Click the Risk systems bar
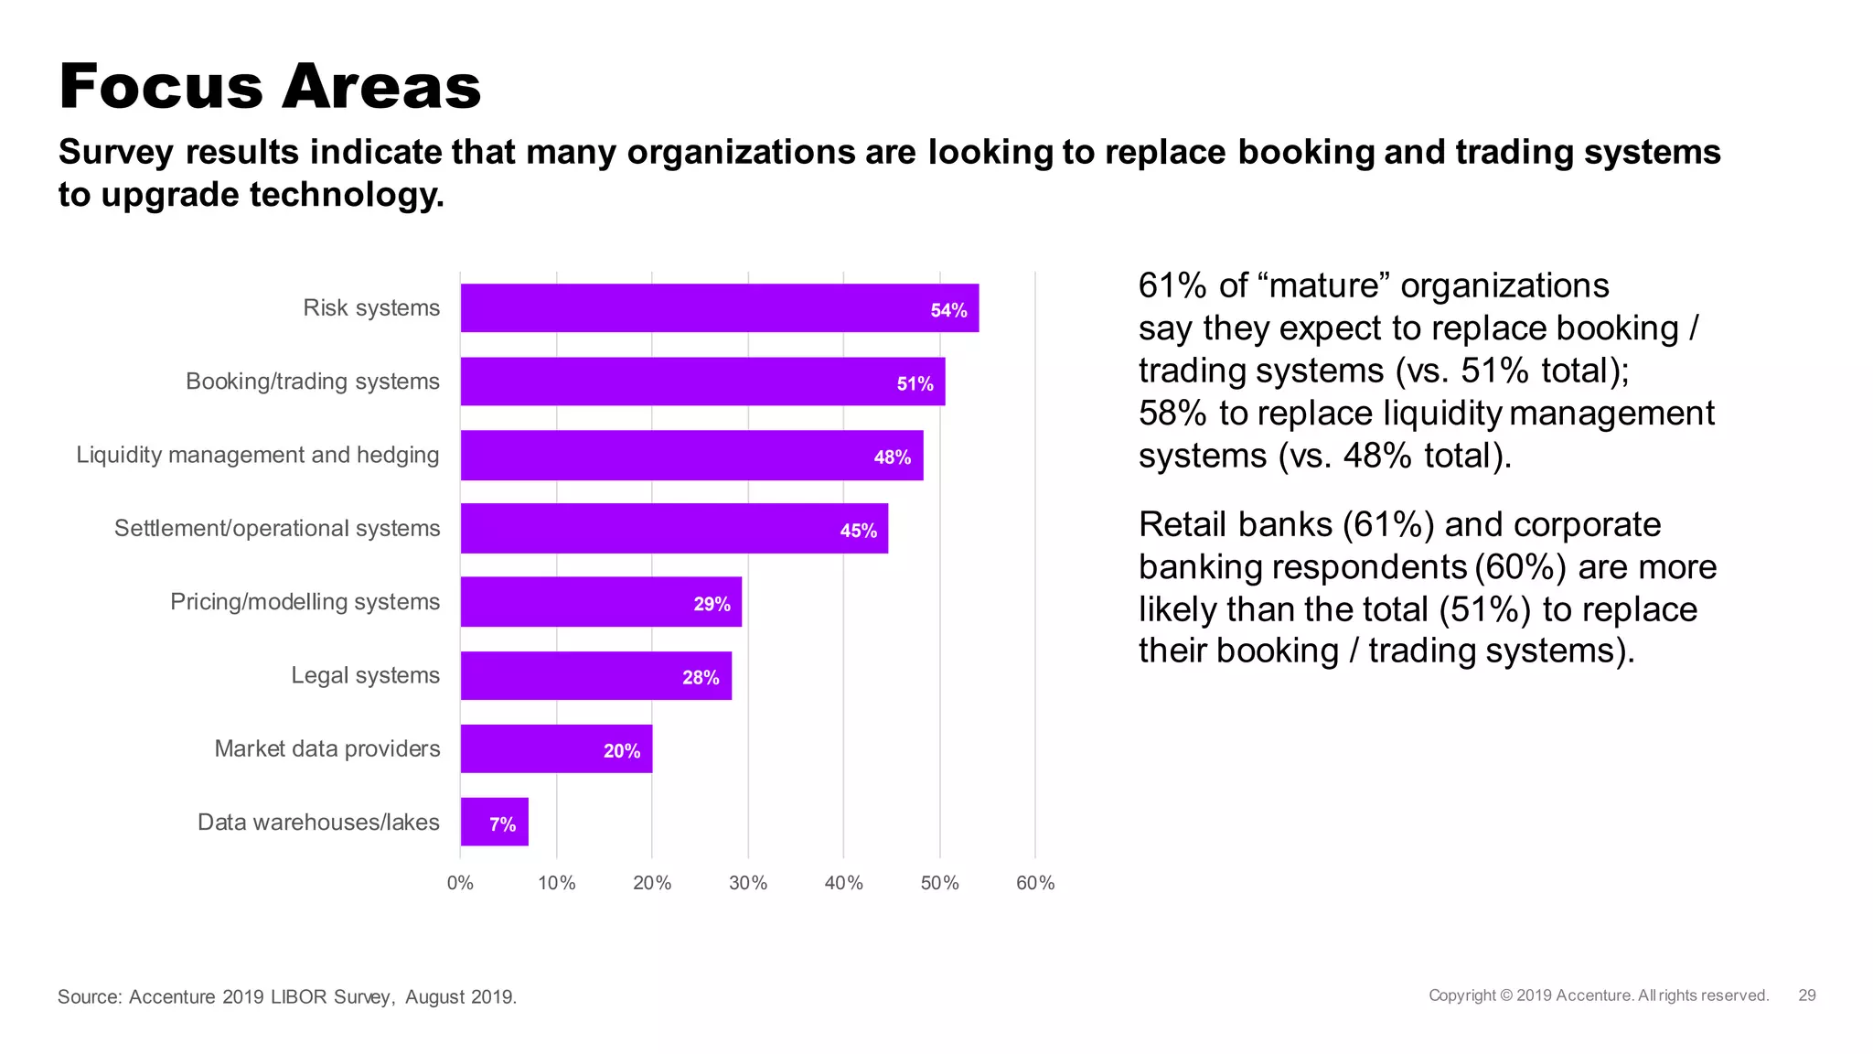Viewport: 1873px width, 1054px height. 719,308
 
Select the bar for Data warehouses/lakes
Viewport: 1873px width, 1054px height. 494,822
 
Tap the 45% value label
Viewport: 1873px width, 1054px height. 858,531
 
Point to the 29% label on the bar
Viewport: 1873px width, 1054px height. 712,604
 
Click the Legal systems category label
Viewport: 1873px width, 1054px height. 365,675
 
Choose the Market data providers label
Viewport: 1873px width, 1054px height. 326,748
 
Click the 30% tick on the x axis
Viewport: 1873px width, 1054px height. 747,883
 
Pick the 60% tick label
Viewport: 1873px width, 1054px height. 1035,883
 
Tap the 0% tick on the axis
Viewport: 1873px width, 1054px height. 460,883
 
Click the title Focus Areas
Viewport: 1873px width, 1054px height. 270,87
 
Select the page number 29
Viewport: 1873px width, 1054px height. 1806,995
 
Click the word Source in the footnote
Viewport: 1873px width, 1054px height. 89,996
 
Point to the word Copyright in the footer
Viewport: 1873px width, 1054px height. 1462,995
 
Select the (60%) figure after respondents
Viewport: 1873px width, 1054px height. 1520,567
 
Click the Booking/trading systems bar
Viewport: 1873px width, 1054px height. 702,382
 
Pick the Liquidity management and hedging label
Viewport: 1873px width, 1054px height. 257,455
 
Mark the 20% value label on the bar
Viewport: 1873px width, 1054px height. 622,751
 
